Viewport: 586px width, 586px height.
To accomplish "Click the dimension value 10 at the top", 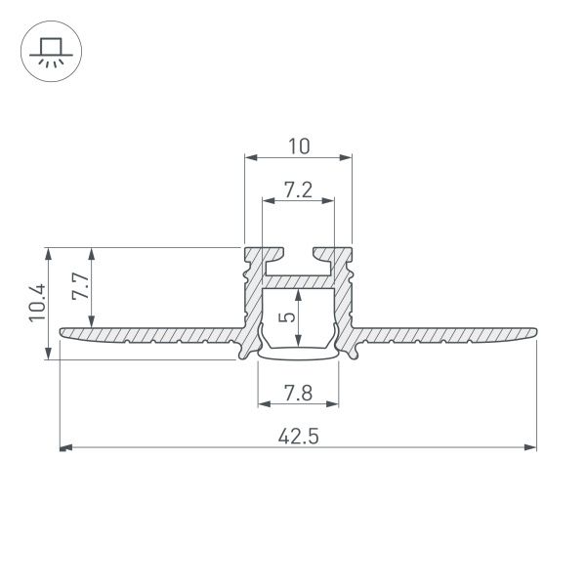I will pos(298,146).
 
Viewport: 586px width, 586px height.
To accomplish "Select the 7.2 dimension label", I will pos(298,190).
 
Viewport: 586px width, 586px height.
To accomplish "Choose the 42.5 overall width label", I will pos(298,437).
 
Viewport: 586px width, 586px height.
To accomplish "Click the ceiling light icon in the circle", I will pos(48,51).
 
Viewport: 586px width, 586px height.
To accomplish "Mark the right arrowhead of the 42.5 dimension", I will pos(531,448).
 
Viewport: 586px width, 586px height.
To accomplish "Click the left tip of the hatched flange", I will pos(62,333).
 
